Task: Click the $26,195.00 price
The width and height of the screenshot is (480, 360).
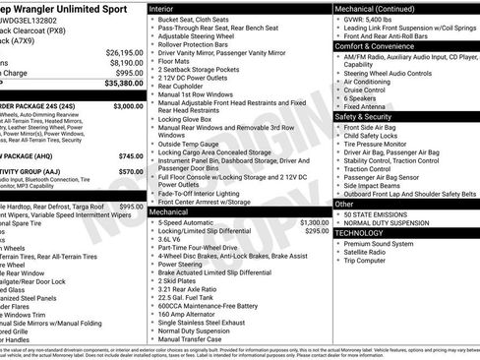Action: point(124,51)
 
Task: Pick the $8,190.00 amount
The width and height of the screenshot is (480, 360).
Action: point(124,62)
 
